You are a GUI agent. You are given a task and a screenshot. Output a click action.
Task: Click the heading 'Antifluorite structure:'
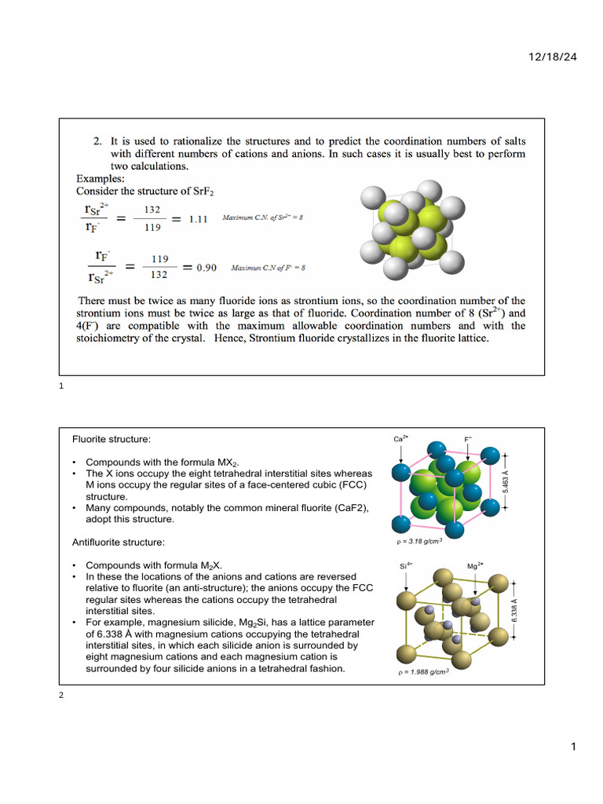[x=119, y=543]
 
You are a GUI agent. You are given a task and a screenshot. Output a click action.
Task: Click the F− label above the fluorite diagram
[x=468, y=440]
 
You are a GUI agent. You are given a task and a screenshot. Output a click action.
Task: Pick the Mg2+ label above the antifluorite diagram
[x=474, y=565]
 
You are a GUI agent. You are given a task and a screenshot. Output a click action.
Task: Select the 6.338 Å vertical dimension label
[x=535, y=611]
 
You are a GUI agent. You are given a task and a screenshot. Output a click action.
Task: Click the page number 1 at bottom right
[x=573, y=747]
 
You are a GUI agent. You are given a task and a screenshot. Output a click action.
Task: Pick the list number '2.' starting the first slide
[x=98, y=142]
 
